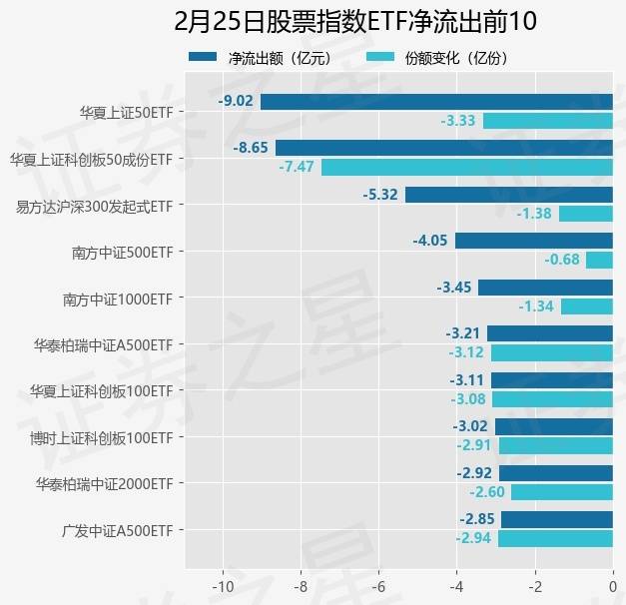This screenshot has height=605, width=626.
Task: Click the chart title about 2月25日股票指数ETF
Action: (355, 22)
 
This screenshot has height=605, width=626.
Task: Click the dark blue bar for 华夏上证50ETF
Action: (436, 101)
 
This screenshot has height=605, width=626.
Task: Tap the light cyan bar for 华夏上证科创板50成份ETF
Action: (466, 167)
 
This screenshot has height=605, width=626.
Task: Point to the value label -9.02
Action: (236, 101)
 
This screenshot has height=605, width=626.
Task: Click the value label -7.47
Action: (297, 167)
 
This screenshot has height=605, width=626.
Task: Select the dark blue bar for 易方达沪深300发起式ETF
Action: (508, 194)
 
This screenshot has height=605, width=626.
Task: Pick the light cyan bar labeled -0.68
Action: (599, 260)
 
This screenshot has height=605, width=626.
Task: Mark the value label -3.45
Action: (453, 288)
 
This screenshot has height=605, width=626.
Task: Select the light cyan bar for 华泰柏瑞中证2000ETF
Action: (561, 492)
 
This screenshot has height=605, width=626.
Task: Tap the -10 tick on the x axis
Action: (222, 586)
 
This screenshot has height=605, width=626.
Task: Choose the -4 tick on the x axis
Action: (456, 586)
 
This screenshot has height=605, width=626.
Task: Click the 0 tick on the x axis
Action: (612, 586)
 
